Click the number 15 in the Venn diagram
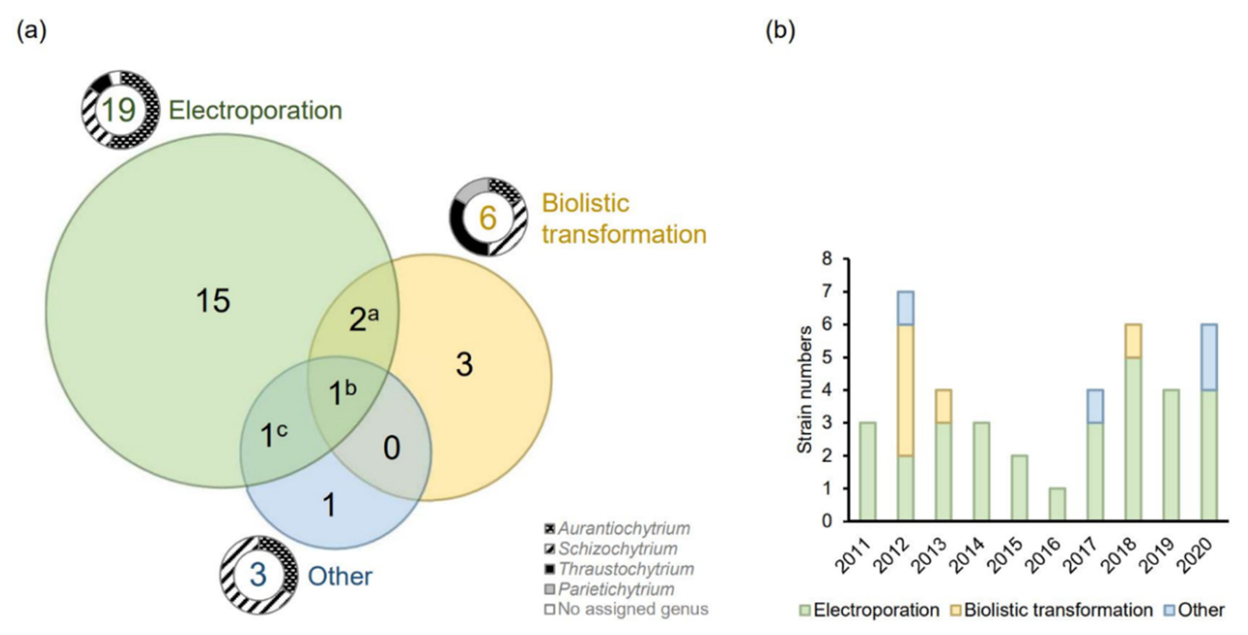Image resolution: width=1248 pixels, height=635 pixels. coord(213,301)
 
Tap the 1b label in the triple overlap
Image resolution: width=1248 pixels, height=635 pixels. coord(342,392)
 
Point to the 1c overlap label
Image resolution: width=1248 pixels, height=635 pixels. coord(273,434)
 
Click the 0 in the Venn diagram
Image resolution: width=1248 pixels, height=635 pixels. coord(391,448)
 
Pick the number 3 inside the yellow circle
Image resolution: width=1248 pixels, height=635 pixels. coord(463,364)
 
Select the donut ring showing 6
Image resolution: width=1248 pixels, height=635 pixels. coord(487,217)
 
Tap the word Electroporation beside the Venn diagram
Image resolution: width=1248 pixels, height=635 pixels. coord(255,111)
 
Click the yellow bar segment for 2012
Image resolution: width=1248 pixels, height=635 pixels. coord(905,390)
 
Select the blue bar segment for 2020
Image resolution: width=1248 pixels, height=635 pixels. coord(1209,357)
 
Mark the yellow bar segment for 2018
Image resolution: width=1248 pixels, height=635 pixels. coord(1133,341)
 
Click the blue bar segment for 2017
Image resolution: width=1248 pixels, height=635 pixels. coord(1095,406)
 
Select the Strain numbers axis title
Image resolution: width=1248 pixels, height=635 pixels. coord(805,390)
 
